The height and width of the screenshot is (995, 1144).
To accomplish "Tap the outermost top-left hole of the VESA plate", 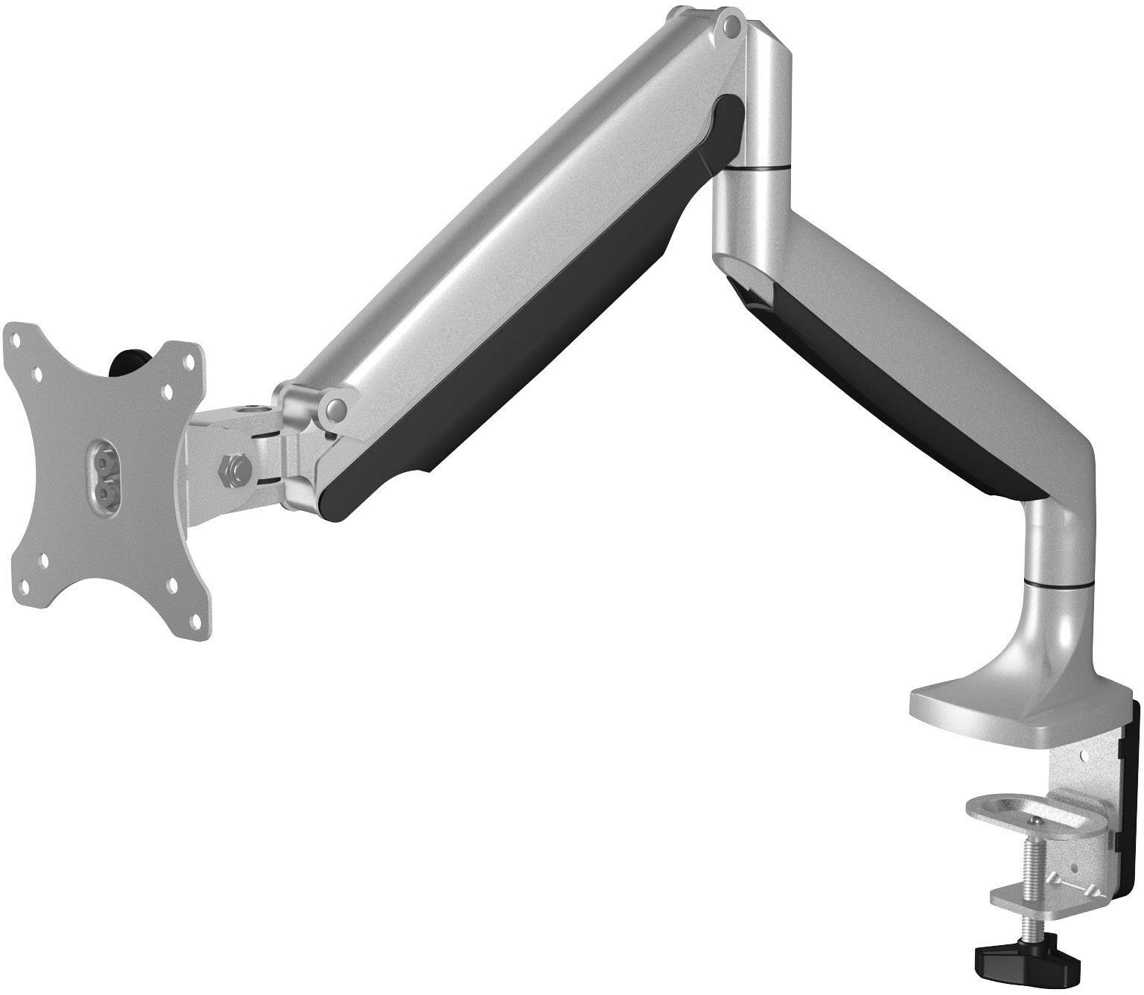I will [15, 336].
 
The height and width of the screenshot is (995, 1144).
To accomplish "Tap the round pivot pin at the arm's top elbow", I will [732, 28].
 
